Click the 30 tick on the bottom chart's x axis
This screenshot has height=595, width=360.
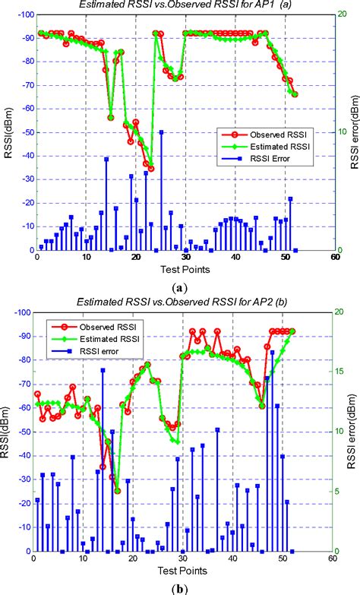pyautogui.click(x=183, y=559)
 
